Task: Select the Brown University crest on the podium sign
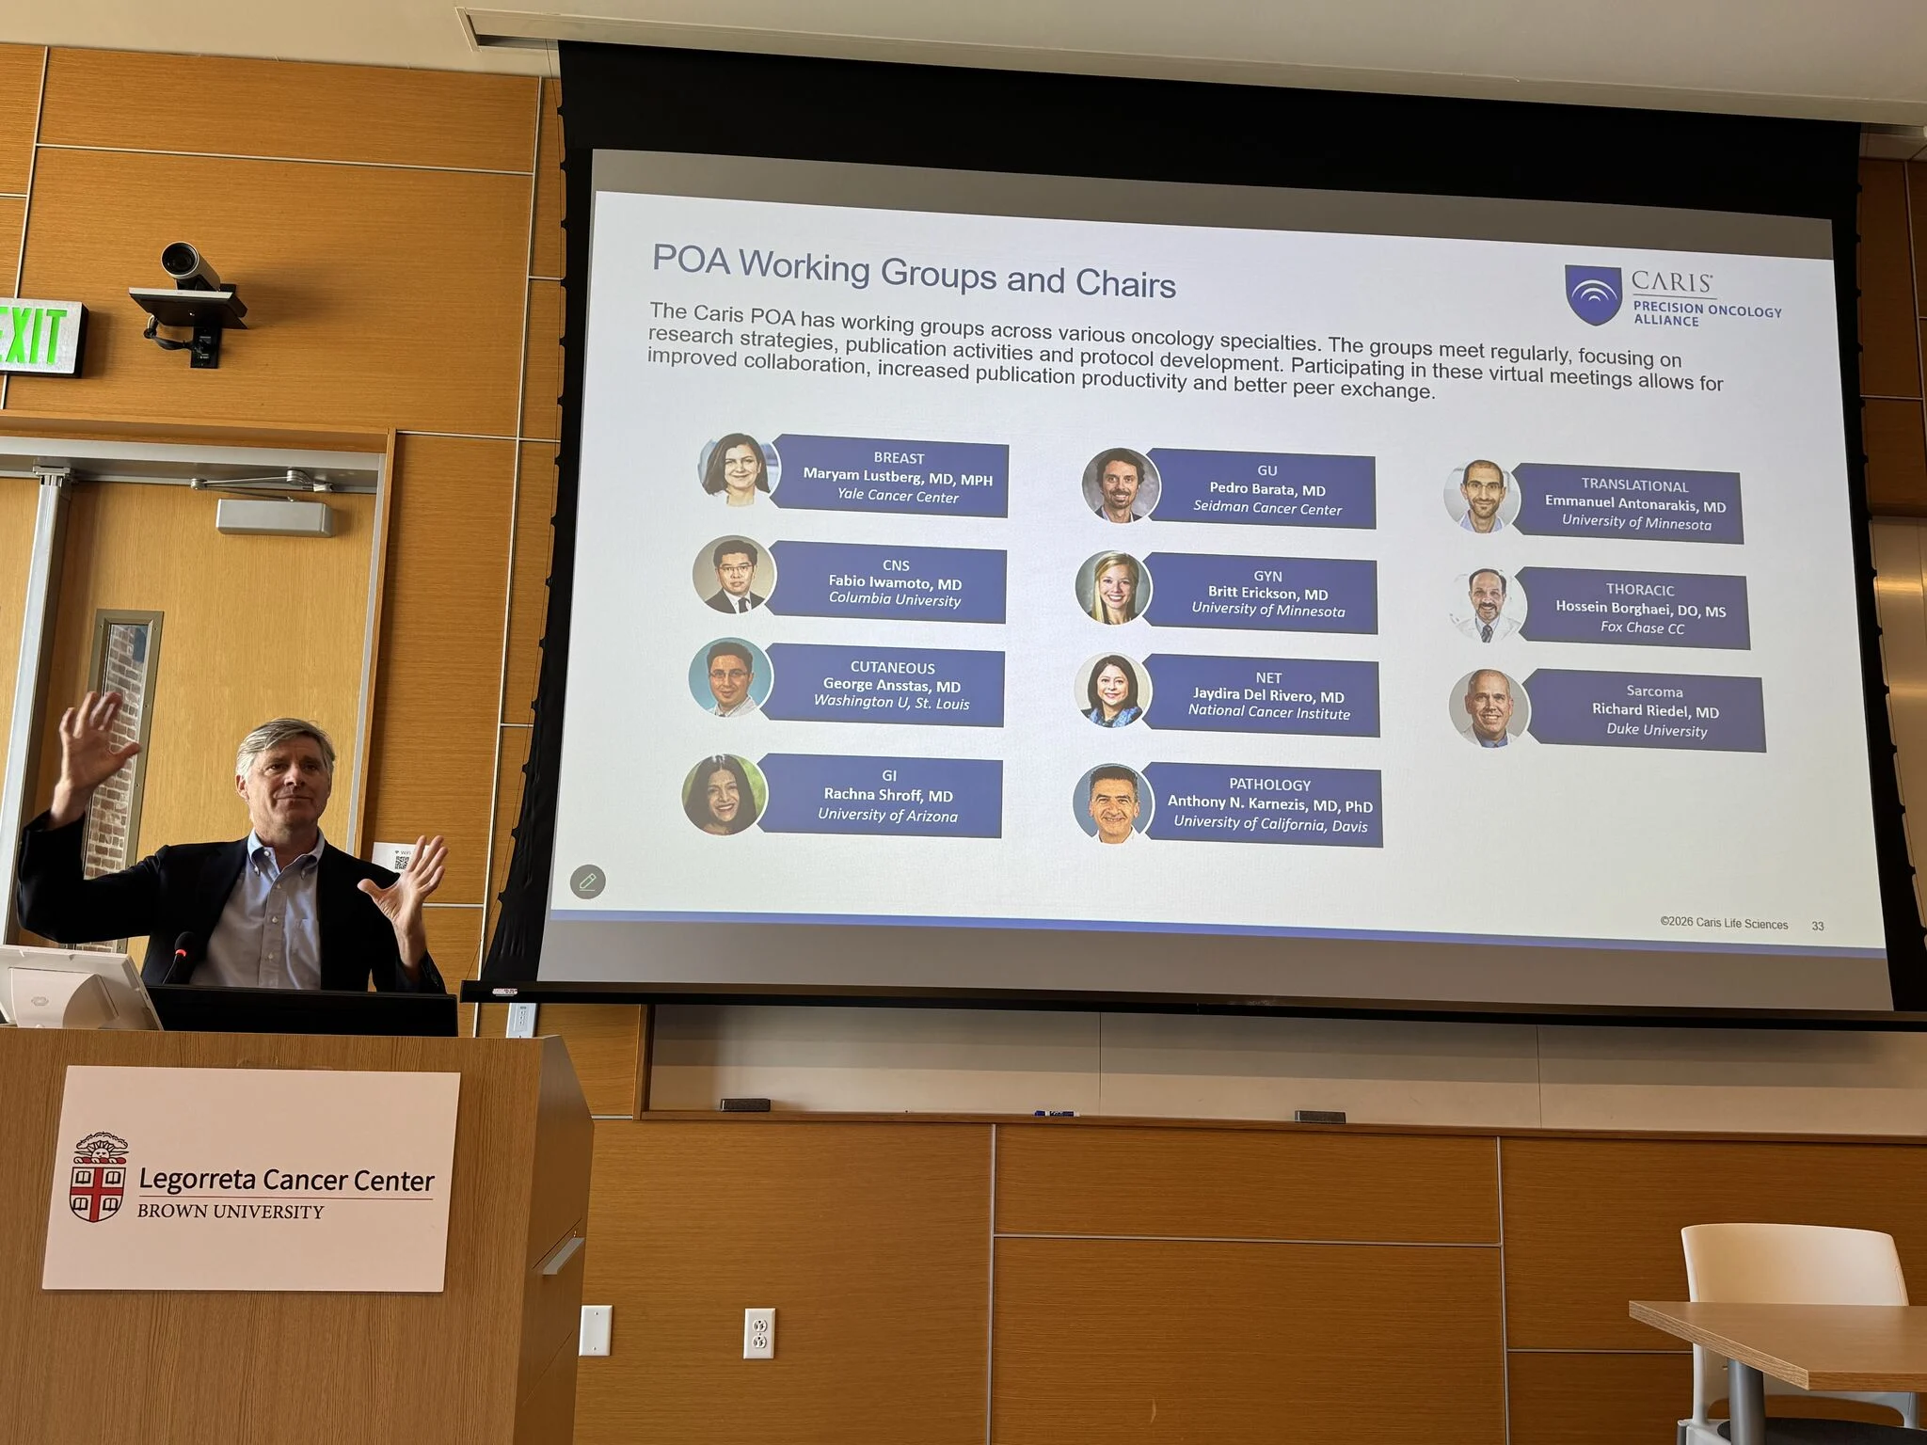[99, 1177]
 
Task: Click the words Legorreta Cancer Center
[286, 1180]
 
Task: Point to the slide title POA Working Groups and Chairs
[914, 272]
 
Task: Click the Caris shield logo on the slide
[1593, 294]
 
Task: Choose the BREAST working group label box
[889, 476]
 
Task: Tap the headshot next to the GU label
[1120, 484]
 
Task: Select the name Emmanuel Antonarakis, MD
[1635, 504]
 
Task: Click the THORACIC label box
[1633, 609]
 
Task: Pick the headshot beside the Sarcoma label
[1489, 708]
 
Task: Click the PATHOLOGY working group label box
[1263, 804]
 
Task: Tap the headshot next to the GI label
[724, 795]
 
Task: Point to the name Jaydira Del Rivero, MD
[1268, 696]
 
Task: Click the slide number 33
[1818, 927]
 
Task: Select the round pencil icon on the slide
[588, 881]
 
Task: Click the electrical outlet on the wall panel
[759, 1333]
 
